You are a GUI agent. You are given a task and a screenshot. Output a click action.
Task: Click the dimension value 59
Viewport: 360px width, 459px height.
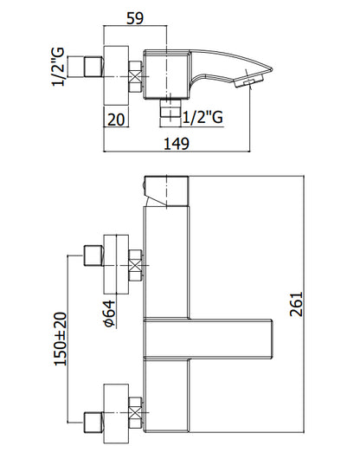coord(135,18)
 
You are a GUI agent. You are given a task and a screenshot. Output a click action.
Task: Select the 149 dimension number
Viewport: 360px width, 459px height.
coord(177,144)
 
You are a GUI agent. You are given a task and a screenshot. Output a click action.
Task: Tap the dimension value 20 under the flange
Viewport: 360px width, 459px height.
coord(116,120)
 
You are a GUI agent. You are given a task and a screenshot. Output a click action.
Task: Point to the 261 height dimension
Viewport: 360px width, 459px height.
coord(296,304)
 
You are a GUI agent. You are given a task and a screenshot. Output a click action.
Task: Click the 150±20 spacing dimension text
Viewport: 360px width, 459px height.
coord(61,339)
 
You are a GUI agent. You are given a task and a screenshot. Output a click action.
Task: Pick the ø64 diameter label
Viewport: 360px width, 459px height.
coord(109,314)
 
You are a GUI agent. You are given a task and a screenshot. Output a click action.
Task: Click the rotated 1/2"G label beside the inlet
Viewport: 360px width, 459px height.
coord(58,67)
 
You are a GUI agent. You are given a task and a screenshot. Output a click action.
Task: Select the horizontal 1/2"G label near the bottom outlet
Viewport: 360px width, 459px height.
coord(203,118)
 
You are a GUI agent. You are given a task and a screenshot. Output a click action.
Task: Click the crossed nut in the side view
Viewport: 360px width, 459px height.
coord(135,77)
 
